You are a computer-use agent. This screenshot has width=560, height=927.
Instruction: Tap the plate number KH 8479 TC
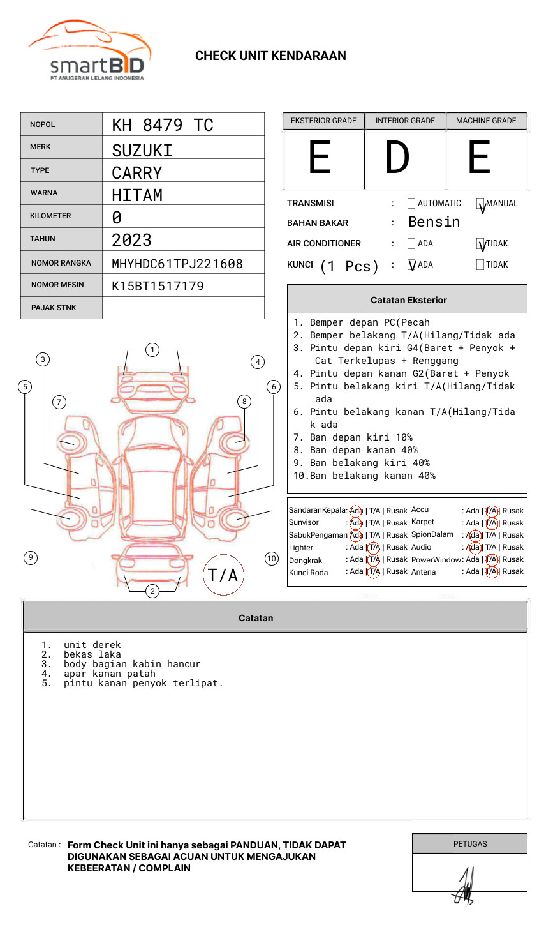[163, 125]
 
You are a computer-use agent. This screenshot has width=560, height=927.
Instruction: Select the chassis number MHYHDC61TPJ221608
[177, 264]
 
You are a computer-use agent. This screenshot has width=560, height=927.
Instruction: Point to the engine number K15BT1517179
[158, 286]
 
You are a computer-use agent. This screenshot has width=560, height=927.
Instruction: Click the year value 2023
[131, 240]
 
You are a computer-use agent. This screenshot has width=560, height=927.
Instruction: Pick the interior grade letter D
[397, 158]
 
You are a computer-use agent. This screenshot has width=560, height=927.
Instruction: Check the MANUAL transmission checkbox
[480, 204]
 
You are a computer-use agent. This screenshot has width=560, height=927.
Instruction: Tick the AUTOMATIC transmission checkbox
[411, 204]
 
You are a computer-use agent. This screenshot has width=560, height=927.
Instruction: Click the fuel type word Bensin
[434, 222]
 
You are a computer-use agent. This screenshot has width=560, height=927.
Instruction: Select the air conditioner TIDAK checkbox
[480, 244]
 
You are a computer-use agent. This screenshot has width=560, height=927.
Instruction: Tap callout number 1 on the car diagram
[152, 350]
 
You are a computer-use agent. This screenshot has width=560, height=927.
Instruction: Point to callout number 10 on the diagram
[272, 559]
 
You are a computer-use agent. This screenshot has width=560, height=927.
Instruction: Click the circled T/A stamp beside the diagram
[223, 575]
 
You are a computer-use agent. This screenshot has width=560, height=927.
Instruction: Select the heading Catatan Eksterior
[408, 300]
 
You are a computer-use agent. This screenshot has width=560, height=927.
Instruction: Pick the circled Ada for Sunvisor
[356, 523]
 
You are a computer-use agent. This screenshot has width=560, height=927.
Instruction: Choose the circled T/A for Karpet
[491, 523]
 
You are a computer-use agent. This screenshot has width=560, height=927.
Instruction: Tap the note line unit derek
[92, 645]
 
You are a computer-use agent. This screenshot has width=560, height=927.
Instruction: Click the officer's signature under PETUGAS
[464, 886]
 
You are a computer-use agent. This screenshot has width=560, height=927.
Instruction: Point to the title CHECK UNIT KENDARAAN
[270, 56]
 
